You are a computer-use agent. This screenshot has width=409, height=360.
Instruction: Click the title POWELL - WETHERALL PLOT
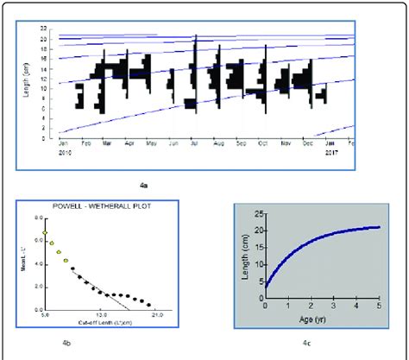[101, 207]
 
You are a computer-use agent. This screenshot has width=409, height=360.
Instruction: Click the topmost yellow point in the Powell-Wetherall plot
[46, 233]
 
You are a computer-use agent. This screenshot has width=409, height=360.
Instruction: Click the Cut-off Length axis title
[102, 322]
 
